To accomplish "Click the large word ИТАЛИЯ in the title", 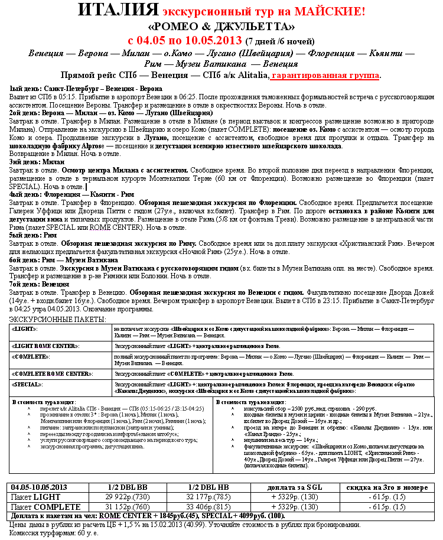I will coord(118,11).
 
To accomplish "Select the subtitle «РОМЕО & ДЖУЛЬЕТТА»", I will coord(221,27).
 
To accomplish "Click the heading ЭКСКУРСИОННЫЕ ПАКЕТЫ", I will coord(58,319).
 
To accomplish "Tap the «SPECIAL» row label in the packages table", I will coord(28,384).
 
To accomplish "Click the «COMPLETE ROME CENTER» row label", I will coord(52,374).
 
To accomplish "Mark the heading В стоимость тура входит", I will coord(42,402).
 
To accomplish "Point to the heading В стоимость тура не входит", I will coord(250,402).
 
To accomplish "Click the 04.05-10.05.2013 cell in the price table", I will coord(39,487).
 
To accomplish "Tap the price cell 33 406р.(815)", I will coord(207,507).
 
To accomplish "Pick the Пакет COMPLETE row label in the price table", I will coord(46,507).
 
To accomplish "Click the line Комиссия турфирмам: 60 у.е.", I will coord(54,533).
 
